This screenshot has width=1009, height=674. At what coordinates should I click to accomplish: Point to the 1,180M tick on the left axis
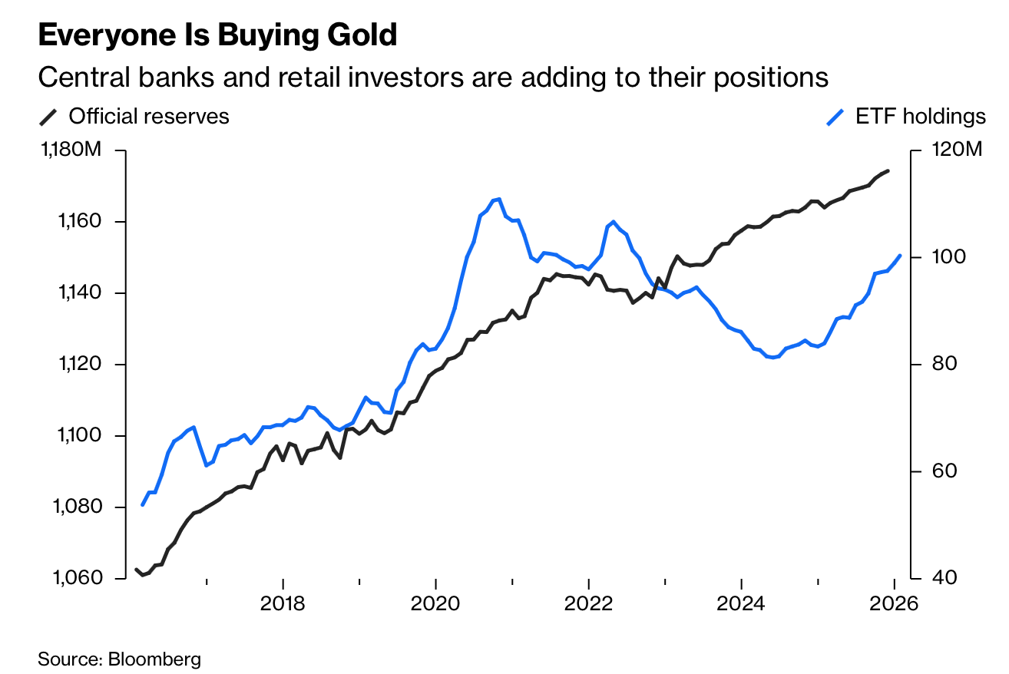69,150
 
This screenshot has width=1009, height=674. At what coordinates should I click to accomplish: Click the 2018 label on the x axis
283,603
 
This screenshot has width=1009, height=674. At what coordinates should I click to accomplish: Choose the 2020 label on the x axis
435,603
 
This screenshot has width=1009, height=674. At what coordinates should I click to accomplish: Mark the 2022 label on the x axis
588,603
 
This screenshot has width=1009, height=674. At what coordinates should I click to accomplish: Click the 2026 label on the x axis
894,603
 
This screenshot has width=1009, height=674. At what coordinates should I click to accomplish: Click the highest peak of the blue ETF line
499,199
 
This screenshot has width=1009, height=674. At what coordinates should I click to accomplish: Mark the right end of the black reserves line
888,170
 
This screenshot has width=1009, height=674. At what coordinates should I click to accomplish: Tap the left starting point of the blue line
142,504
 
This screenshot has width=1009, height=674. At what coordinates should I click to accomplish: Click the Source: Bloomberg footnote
119,658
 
